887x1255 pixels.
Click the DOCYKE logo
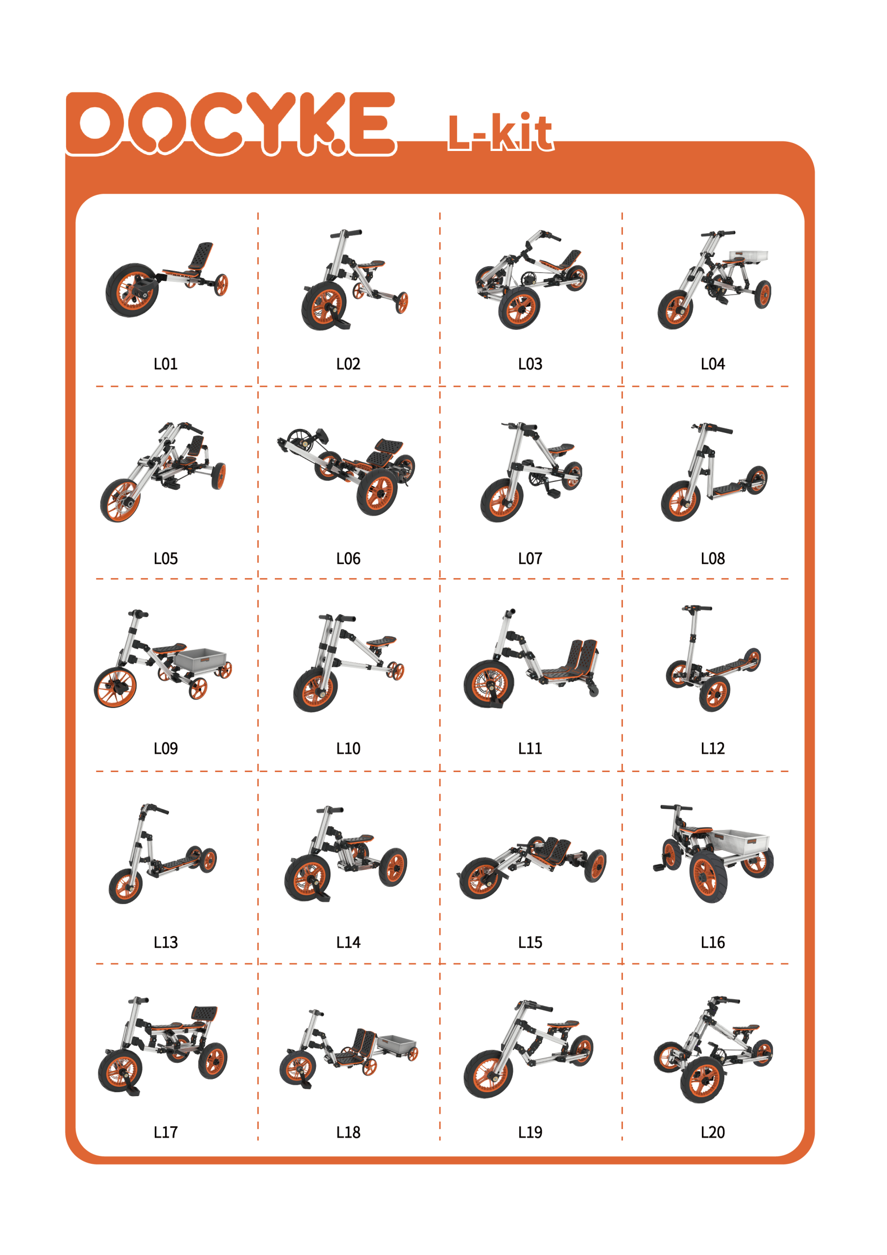tap(231, 124)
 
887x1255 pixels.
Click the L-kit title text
tap(500, 132)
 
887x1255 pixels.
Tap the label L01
tap(166, 364)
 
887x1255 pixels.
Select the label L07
tap(530, 559)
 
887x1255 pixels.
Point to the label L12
tap(712, 748)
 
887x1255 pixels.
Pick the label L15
tap(530, 942)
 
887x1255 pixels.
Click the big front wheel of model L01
tap(132, 290)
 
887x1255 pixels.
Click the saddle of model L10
tap(381, 640)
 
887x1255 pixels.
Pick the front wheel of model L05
tap(120, 500)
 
